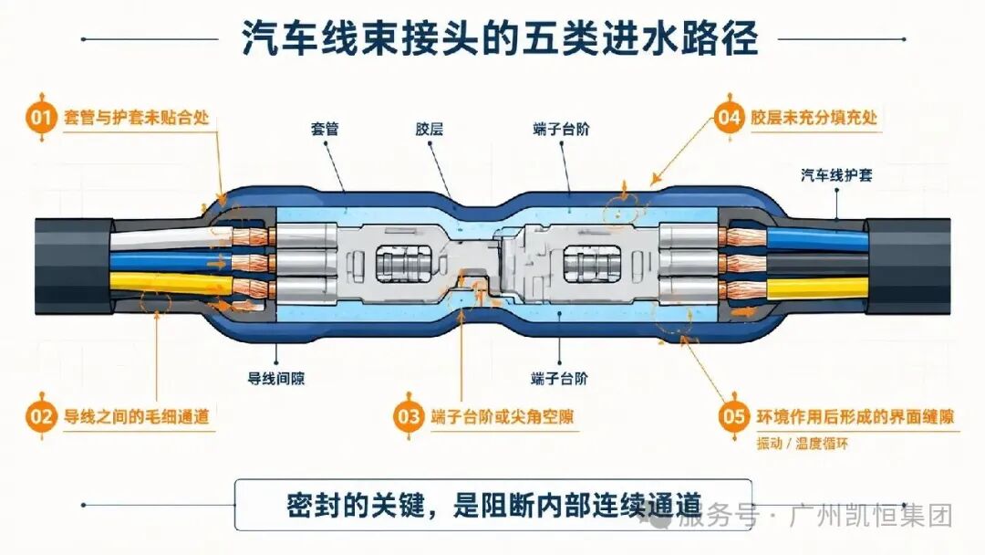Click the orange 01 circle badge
click(41, 118)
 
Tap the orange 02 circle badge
click(41, 416)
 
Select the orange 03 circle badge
click(409, 416)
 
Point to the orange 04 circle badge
click(730, 118)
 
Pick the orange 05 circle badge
click(734, 416)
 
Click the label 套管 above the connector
click(325, 129)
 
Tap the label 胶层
click(430, 129)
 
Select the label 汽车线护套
click(836, 174)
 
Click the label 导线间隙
click(276, 379)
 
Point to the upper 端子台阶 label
click(561, 129)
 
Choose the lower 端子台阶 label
click(559, 379)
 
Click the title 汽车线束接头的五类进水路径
click(500, 38)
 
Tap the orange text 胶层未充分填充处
click(814, 118)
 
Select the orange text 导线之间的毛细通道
click(136, 416)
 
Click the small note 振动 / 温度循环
click(803, 443)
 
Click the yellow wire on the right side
click(817, 288)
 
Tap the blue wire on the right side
click(817, 239)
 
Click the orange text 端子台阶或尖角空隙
click(502, 416)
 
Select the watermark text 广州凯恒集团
click(871, 516)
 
